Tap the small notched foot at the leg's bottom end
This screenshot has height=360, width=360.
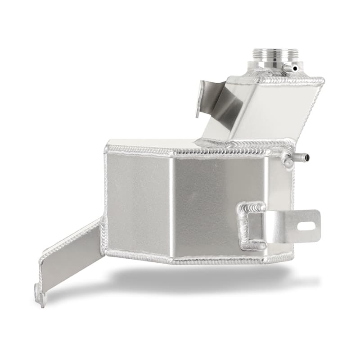pos(41,297)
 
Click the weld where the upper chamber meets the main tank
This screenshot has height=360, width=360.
pos(243,144)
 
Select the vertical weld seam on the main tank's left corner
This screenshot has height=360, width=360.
pos(107,198)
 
